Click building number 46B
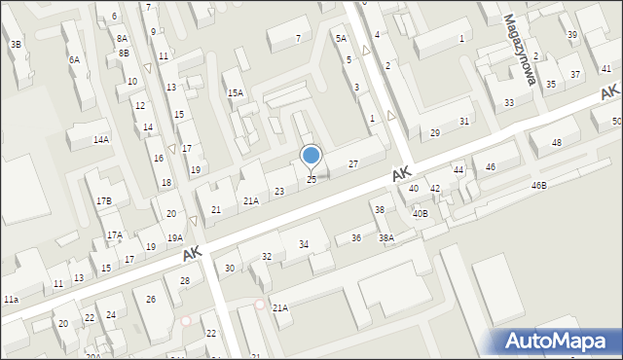[538, 185]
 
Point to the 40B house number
[420, 213]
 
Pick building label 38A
[386, 237]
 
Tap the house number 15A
[236, 92]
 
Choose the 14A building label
[101, 140]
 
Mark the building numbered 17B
[103, 200]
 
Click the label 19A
[174, 237]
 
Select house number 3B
[16, 45]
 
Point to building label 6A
[74, 59]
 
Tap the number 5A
[341, 38]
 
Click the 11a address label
[11, 300]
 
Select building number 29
[435, 132]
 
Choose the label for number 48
[557, 143]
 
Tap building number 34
[304, 244]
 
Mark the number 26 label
[151, 299]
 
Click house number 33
[509, 102]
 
